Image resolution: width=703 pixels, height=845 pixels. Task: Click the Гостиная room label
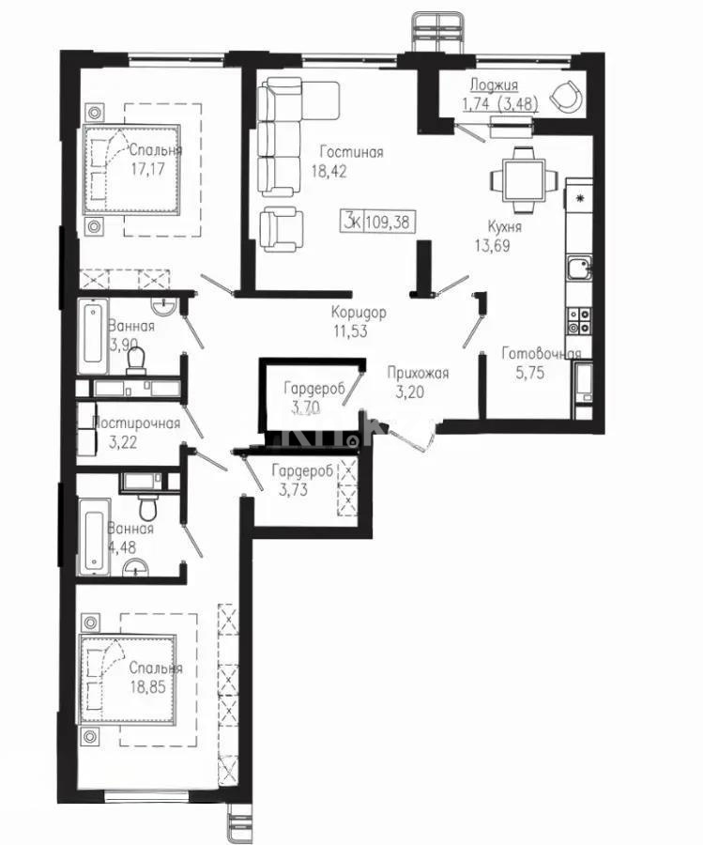(x=350, y=152)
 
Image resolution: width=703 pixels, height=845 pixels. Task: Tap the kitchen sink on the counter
(x=578, y=269)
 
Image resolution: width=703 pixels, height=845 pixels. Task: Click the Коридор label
(x=359, y=313)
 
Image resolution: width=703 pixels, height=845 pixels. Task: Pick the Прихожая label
(x=418, y=373)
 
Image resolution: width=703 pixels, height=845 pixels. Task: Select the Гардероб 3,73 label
(x=301, y=471)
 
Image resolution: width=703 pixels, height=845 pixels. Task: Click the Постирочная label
(x=137, y=422)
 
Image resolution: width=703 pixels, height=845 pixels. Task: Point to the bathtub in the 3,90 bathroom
(x=94, y=335)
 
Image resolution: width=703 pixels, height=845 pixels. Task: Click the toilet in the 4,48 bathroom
(x=147, y=508)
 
